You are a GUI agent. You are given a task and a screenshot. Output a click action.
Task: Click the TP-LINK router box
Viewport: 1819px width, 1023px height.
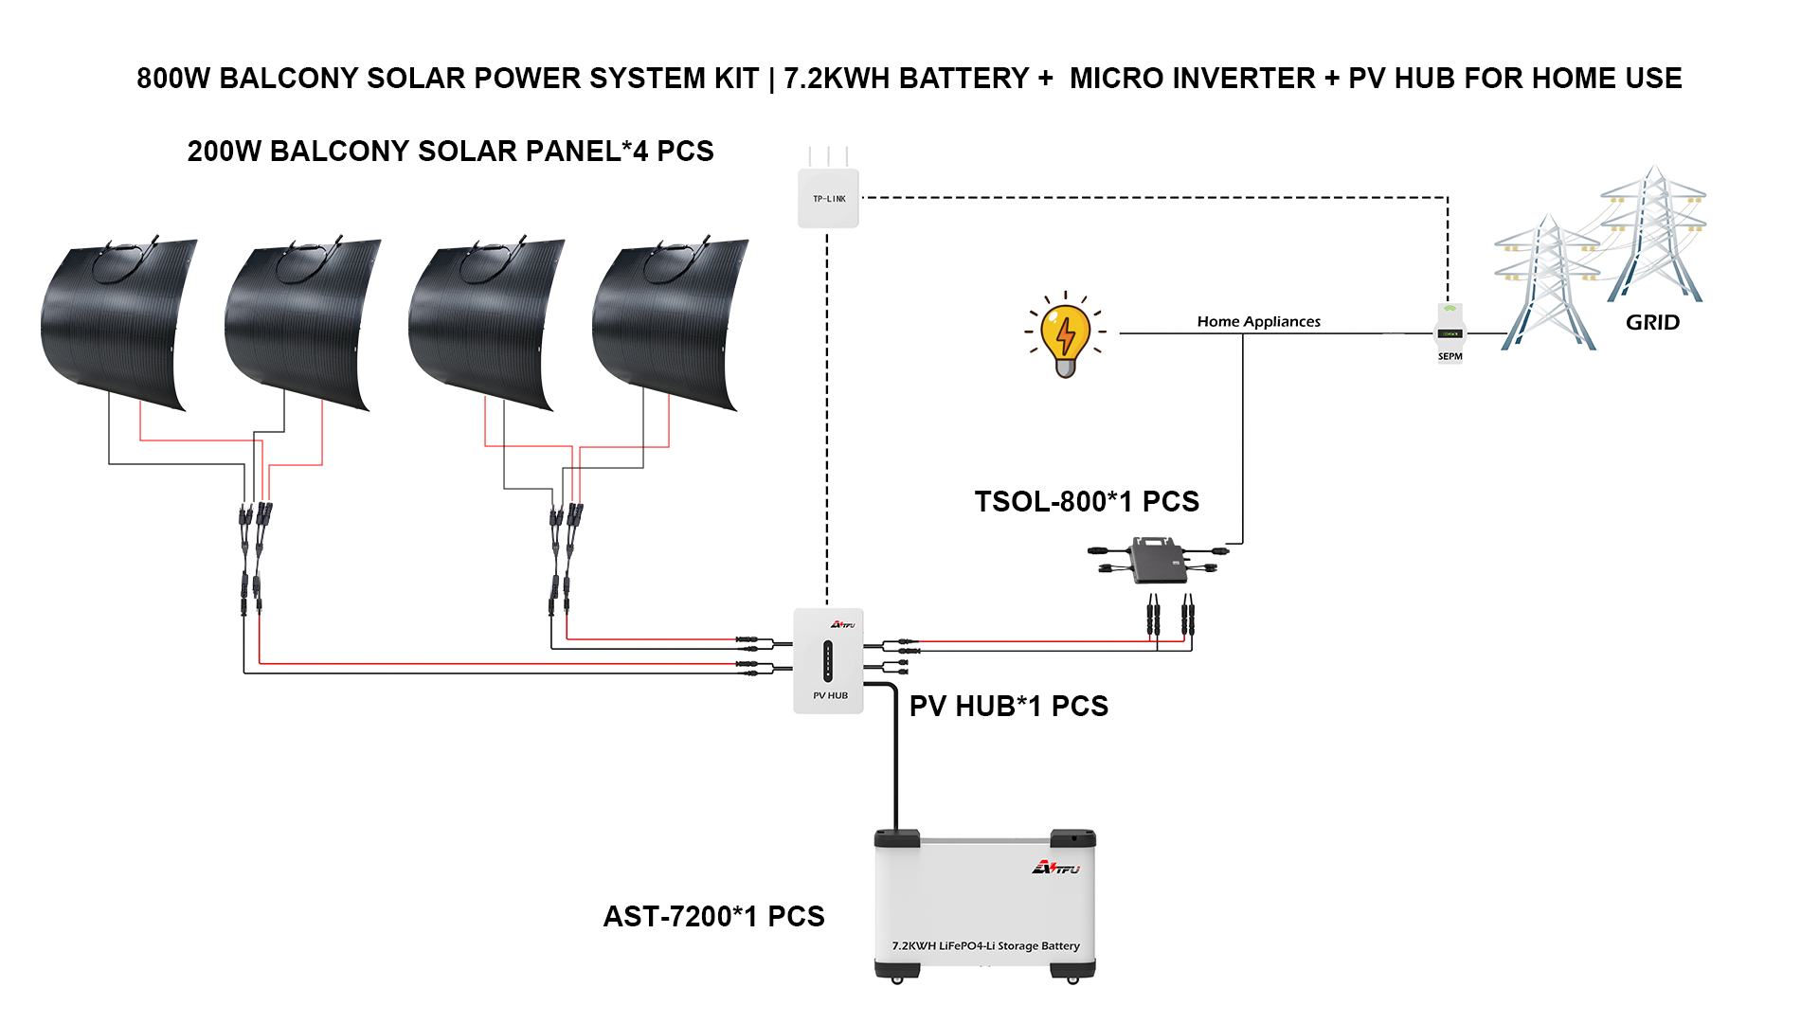point(828,198)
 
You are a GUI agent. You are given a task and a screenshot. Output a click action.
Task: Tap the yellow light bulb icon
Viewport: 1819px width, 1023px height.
point(1066,336)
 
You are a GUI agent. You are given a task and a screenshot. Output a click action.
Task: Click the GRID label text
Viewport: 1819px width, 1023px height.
point(1652,322)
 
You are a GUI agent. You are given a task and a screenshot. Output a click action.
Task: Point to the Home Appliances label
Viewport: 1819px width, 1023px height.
point(1258,321)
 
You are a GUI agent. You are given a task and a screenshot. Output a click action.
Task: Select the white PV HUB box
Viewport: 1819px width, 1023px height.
point(828,660)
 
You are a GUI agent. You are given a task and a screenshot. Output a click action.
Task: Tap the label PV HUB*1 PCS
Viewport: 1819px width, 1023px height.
point(1008,706)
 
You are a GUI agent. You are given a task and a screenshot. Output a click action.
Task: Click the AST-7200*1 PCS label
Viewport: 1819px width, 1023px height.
point(713,916)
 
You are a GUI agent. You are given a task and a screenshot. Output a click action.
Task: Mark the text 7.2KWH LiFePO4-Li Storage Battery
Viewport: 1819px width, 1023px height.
point(985,945)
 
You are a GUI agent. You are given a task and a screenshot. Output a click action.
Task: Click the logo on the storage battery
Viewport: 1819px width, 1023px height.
point(1055,868)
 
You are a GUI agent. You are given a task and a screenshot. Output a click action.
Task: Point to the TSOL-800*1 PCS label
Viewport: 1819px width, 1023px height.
point(1087,501)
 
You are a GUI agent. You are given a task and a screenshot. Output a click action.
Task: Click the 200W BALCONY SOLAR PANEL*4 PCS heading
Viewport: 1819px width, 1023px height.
point(450,151)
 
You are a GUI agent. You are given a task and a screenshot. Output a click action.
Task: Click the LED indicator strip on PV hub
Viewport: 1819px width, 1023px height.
point(828,660)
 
